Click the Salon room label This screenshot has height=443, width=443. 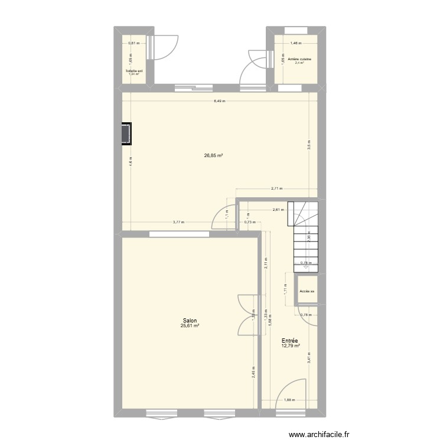click(x=190, y=320)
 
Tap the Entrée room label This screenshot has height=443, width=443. click(x=289, y=340)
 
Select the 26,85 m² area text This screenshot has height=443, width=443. click(x=213, y=156)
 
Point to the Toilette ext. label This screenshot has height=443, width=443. click(x=135, y=71)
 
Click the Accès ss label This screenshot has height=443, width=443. click(x=307, y=291)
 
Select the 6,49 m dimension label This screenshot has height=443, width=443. click(x=219, y=100)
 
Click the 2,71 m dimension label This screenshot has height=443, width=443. click(x=276, y=189)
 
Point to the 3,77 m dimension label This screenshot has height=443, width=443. click(x=178, y=222)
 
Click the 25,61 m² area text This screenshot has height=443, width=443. click(x=190, y=325)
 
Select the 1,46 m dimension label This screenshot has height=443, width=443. click(x=296, y=43)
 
